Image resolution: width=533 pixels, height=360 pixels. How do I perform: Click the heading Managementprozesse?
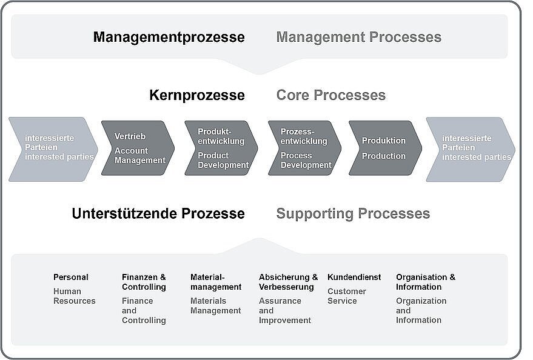click(x=169, y=38)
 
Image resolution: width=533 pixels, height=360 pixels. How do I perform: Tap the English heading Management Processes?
click(x=358, y=37)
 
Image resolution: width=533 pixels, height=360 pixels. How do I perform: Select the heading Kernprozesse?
click(x=197, y=95)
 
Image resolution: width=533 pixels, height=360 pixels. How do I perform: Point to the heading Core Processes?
click(x=330, y=95)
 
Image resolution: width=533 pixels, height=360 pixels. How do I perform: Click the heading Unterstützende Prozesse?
click(x=158, y=213)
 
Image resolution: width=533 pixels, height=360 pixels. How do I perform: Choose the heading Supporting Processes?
click(x=353, y=214)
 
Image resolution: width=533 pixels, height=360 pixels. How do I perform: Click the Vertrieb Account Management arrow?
click(x=138, y=148)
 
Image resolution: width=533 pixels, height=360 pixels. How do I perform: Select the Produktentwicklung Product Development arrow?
click(x=221, y=148)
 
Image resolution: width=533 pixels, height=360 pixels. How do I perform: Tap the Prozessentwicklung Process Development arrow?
click(x=304, y=148)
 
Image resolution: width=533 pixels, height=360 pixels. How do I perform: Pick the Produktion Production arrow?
click(x=385, y=148)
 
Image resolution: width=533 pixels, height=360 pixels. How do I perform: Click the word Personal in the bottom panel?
click(x=71, y=277)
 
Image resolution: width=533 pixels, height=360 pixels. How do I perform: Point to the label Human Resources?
click(x=74, y=296)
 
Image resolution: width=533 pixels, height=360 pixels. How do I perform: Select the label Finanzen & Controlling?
click(x=144, y=282)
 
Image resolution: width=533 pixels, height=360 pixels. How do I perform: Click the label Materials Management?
click(x=215, y=305)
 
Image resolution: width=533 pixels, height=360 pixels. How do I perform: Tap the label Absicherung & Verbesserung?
click(x=288, y=282)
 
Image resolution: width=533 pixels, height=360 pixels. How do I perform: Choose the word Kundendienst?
click(x=354, y=277)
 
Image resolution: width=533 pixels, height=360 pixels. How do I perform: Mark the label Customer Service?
click(x=347, y=296)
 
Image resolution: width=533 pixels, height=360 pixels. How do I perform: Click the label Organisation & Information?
click(x=426, y=282)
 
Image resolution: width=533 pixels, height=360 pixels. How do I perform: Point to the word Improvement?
click(x=285, y=320)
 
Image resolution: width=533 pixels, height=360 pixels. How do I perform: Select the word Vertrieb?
click(x=130, y=136)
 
